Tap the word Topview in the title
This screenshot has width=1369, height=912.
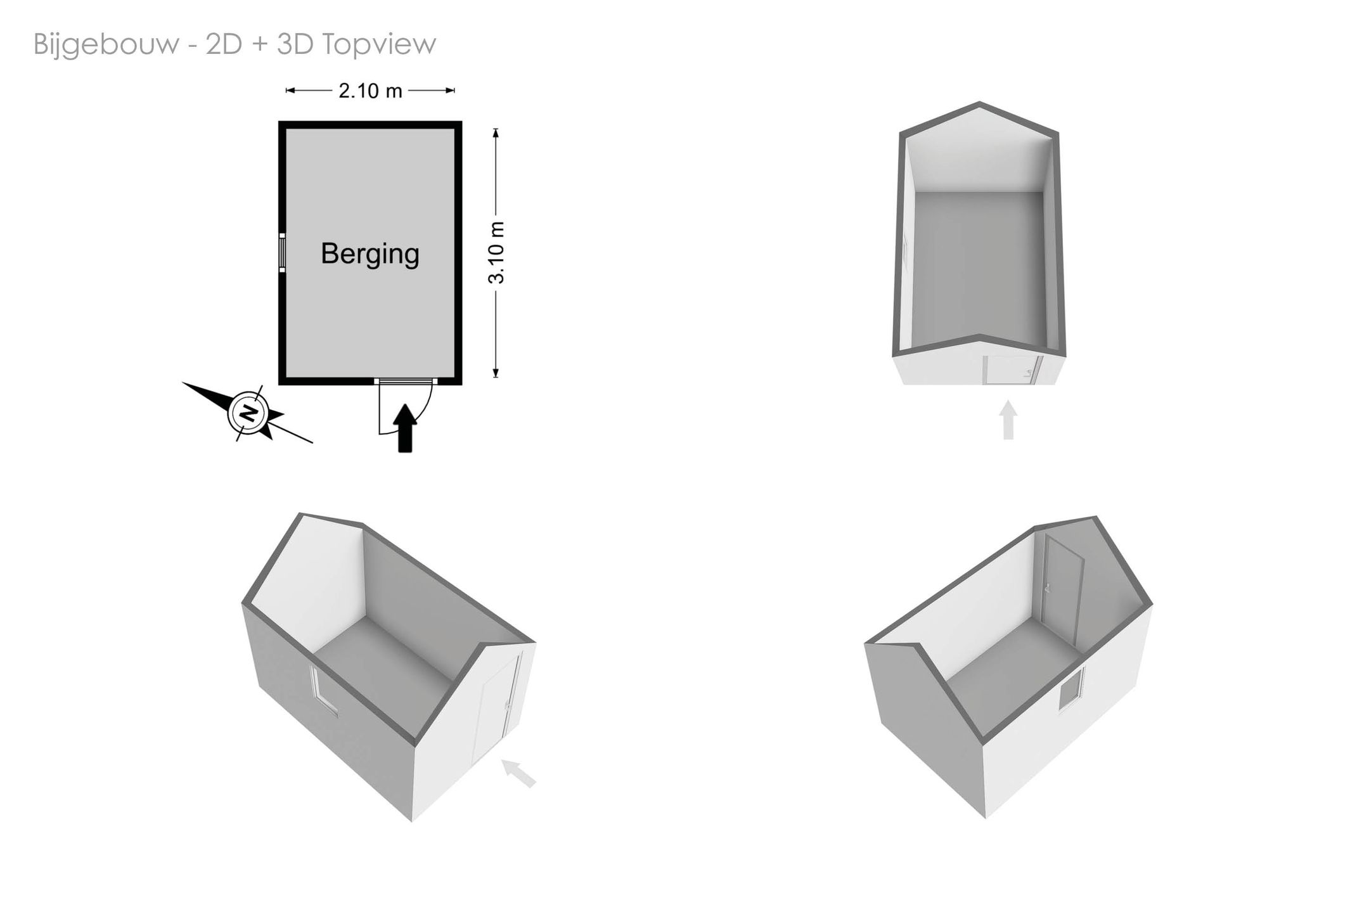click(378, 44)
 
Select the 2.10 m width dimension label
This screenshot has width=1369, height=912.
click(370, 91)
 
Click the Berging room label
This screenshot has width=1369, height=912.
click(370, 254)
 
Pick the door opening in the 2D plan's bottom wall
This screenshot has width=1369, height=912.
click(405, 381)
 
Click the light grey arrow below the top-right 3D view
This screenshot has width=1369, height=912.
click(1008, 420)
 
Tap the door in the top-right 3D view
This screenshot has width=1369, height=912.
click(1012, 370)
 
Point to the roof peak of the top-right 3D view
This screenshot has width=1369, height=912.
click(979, 103)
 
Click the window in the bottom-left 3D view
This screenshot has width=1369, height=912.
click(323, 691)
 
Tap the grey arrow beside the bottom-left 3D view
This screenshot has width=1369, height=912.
click(519, 773)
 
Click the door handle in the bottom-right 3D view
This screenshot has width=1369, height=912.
click(1048, 586)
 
